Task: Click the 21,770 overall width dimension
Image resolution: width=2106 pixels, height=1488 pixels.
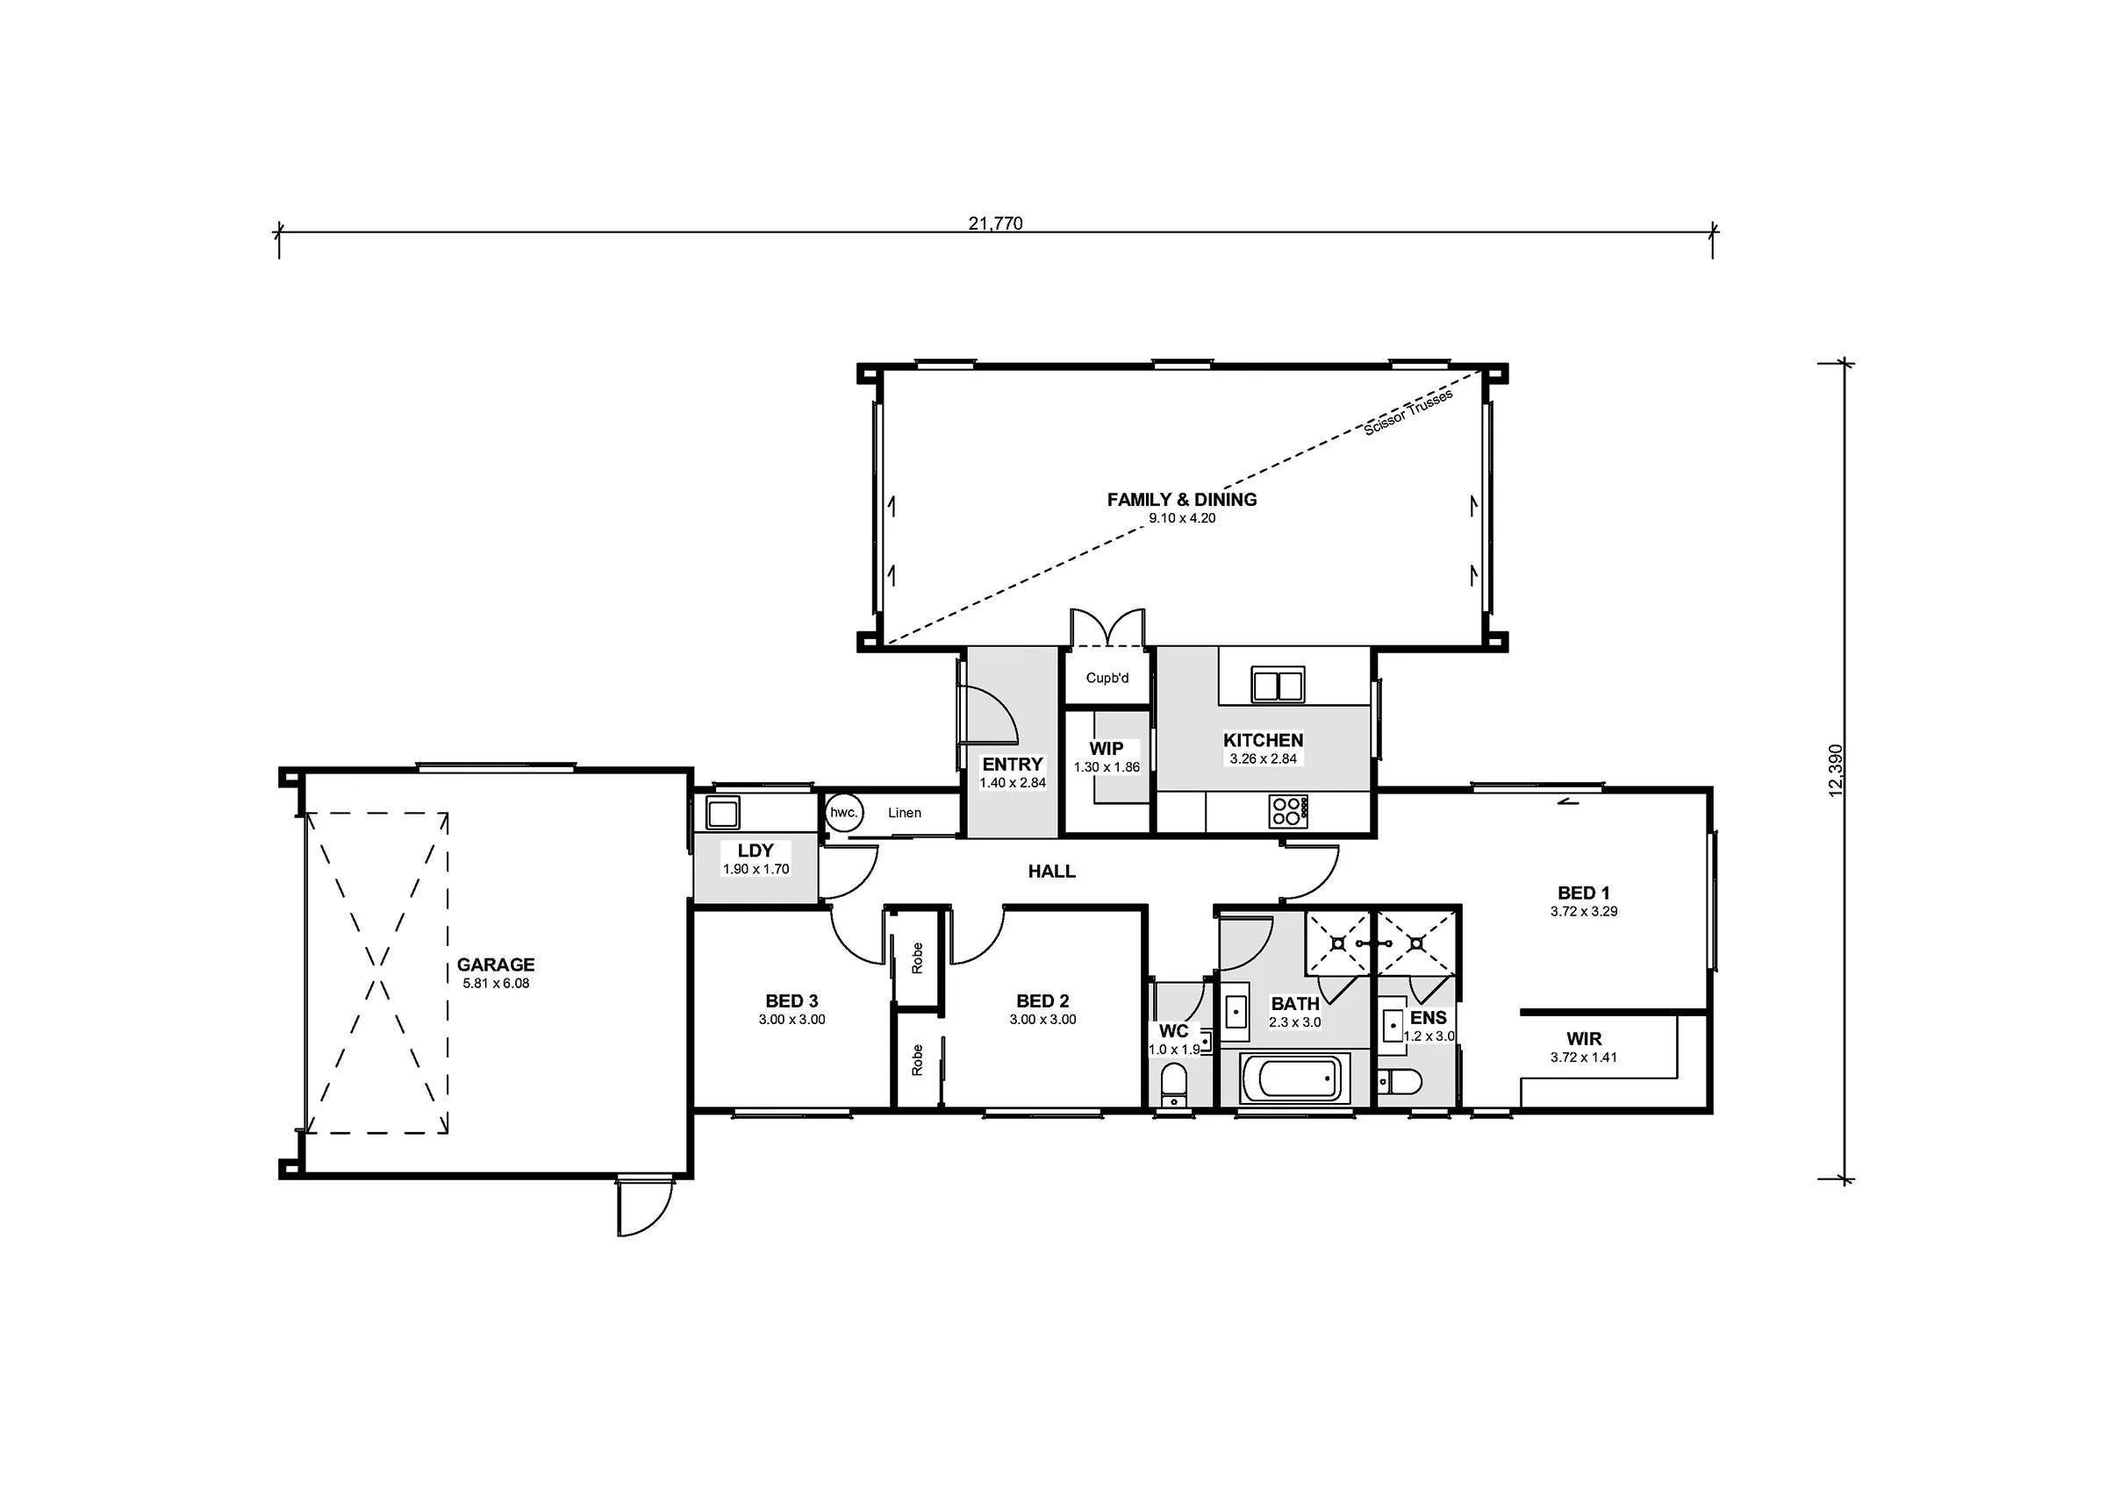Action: [x=995, y=223]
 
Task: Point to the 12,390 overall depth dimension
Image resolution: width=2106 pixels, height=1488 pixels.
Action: [x=1836, y=770]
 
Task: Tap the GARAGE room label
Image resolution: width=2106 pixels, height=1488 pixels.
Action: [x=495, y=965]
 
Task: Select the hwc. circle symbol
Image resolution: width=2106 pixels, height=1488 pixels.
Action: [x=843, y=812]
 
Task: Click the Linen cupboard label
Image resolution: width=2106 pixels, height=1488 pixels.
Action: [x=905, y=812]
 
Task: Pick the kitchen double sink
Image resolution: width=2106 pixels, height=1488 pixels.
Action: [x=1279, y=685]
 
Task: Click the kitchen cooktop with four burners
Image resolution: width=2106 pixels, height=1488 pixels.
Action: [x=1288, y=811]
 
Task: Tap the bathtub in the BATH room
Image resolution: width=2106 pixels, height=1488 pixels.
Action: [x=1295, y=1079]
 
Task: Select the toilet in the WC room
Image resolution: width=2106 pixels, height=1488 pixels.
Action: [x=1173, y=1085]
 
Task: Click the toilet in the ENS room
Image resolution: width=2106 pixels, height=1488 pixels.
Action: [x=1399, y=1082]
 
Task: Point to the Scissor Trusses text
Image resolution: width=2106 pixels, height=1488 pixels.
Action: [x=1408, y=413]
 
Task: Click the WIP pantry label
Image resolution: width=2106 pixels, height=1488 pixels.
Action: [x=1107, y=749]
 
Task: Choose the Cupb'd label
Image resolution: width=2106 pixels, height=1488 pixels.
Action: [x=1107, y=679]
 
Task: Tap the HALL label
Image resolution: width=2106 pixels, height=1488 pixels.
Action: [x=1051, y=872]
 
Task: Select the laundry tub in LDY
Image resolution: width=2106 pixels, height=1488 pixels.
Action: [x=723, y=812]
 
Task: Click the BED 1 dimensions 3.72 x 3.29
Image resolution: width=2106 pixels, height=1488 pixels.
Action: [x=1584, y=911]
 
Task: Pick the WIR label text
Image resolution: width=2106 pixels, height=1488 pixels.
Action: [x=1584, y=1039]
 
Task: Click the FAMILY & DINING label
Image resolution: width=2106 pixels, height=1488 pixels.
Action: [x=1181, y=500]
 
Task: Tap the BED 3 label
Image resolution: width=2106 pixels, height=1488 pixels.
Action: [x=792, y=1001]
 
